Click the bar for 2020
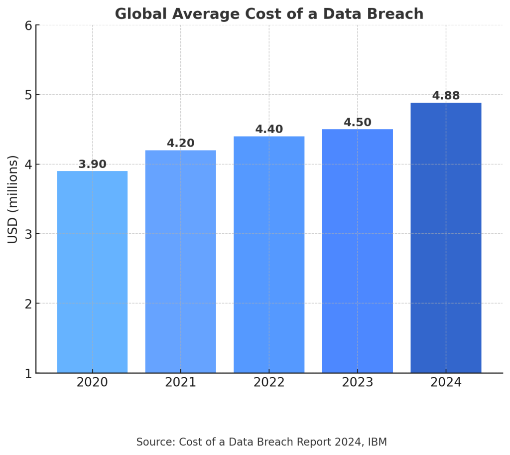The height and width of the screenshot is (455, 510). pos(92,272)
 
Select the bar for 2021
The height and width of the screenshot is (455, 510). pos(180,261)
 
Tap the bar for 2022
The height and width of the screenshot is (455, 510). pos(269,254)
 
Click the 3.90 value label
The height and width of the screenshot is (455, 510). pos(92,164)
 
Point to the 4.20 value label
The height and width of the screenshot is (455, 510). pos(180,144)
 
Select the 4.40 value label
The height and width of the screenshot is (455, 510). pos(269,130)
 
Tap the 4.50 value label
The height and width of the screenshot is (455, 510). pos(358,123)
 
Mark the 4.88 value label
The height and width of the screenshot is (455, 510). pos(446,96)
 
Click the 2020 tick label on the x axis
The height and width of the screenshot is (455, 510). pos(92,383)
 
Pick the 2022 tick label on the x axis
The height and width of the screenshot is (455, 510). pos(269,383)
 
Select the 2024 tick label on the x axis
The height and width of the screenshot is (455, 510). pos(446,383)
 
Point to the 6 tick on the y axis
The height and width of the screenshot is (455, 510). pos(28,25)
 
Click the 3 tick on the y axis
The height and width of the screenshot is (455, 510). pos(28,234)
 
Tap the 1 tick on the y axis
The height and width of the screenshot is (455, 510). pos(28,373)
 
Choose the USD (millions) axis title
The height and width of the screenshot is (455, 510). pos(13,199)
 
